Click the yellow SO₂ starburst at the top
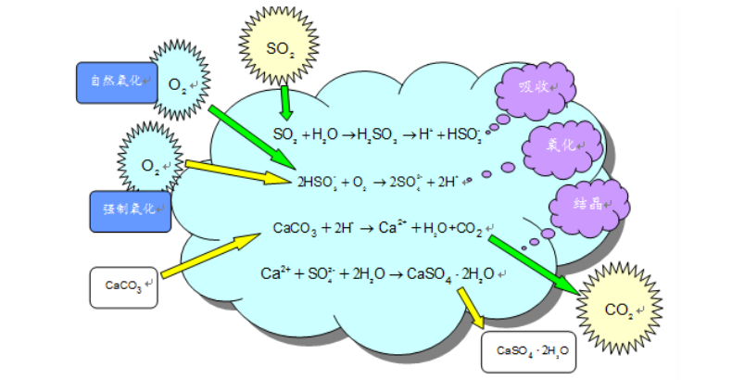(x=280, y=46)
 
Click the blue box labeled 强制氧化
(x=130, y=210)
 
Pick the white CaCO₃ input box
(x=124, y=286)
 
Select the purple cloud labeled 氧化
(x=562, y=146)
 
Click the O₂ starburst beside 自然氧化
(x=178, y=83)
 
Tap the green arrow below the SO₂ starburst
(x=286, y=102)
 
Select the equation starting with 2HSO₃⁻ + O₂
(x=376, y=182)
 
